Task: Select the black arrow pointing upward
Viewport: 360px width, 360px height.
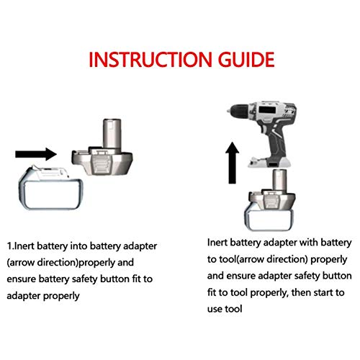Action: point(230,162)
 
